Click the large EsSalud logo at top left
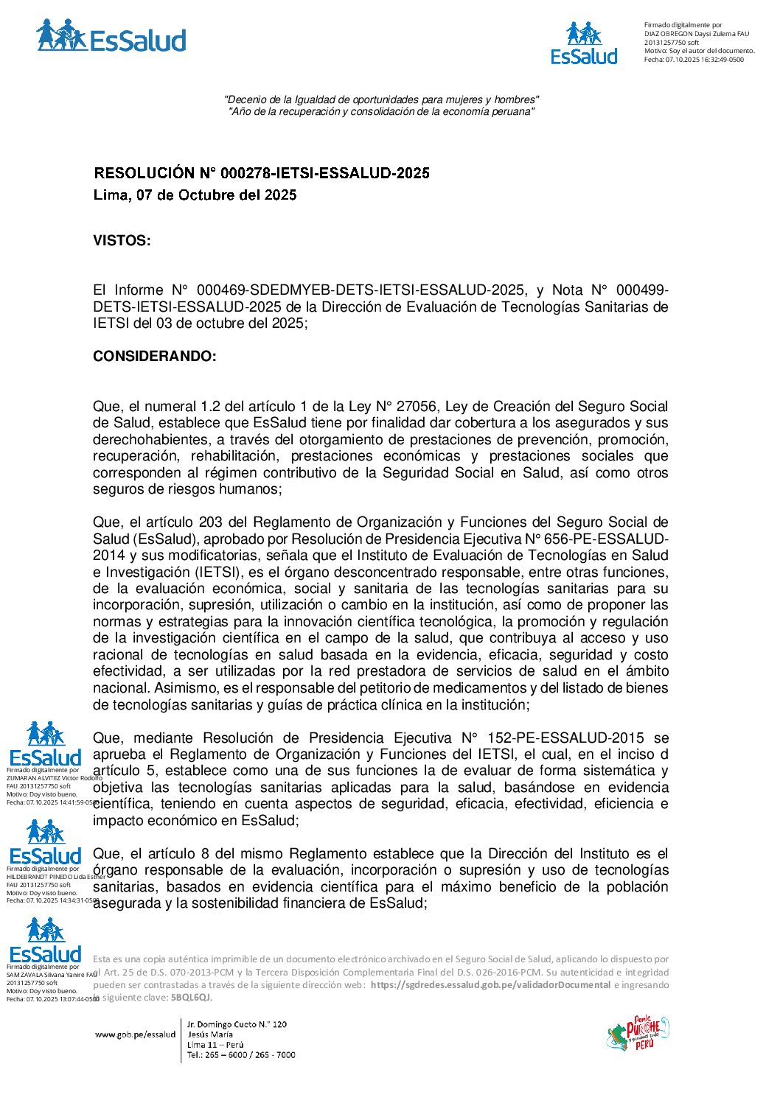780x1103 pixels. coord(111,36)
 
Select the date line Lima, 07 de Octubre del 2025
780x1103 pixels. coord(195,195)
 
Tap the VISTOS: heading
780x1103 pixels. coord(122,241)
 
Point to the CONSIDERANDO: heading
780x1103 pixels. coord(155,357)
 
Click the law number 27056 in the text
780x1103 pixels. coord(417,407)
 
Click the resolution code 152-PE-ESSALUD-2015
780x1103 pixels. coord(566,738)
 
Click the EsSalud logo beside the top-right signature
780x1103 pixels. coord(585,43)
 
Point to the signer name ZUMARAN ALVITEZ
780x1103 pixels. coord(33,778)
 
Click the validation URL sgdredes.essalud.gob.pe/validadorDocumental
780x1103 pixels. coord(490,985)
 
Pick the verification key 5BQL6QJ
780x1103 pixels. coord(190,998)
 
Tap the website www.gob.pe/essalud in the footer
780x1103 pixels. coord(135,1034)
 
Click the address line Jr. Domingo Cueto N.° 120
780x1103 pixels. coord(237,1025)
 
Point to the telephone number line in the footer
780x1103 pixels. coord(241,1055)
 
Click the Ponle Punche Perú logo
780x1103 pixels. coord(638,1033)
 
